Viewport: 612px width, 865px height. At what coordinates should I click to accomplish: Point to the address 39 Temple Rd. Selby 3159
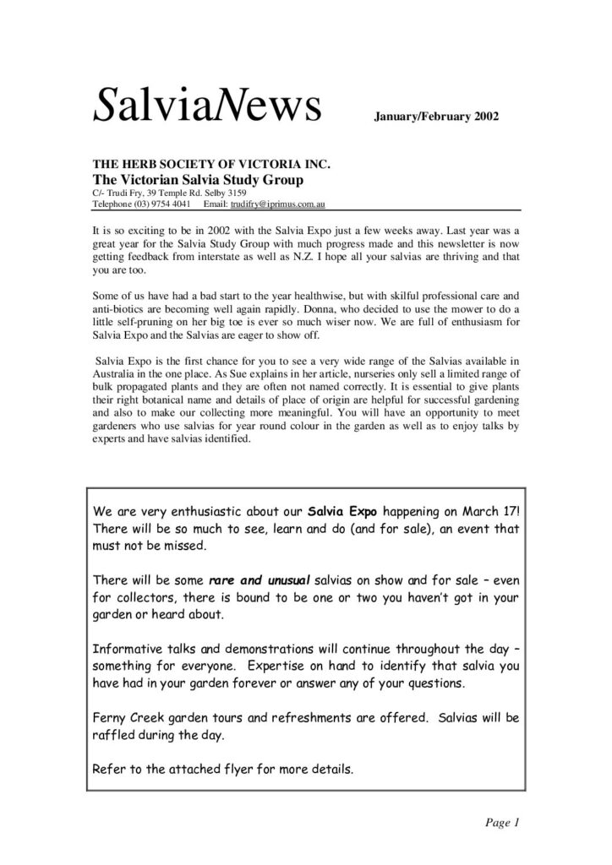pos(182,193)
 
